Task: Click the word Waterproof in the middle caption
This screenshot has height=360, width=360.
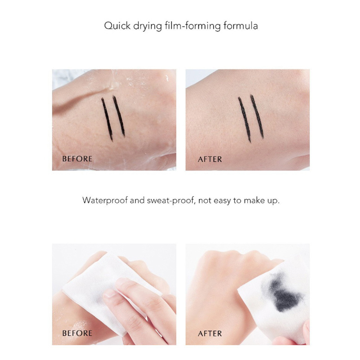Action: click(105, 200)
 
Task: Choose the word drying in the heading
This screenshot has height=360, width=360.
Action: click(148, 26)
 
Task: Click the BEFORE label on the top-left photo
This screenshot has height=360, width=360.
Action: click(77, 159)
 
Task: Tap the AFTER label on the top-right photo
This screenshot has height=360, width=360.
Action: click(210, 159)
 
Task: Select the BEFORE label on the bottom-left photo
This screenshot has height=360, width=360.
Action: click(77, 333)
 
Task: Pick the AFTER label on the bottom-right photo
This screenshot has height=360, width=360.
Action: click(210, 333)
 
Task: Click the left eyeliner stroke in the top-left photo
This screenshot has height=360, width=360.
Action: click(107, 119)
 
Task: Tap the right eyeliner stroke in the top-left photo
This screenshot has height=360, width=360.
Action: click(119, 116)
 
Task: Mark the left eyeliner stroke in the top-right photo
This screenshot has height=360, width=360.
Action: click(244, 120)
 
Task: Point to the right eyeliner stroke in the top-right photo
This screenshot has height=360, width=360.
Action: click(257, 117)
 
